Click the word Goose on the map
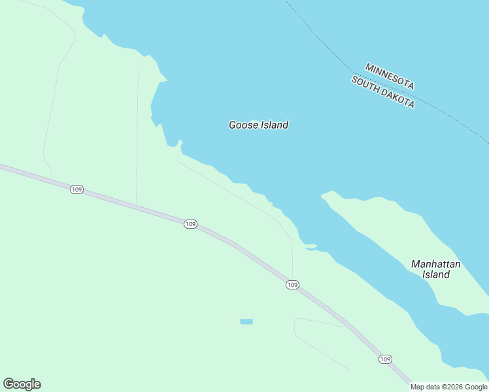[243, 125]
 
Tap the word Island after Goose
[273, 125]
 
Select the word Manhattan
[435, 264]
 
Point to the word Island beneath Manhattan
[435, 275]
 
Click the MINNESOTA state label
[390, 76]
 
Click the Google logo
[22, 384]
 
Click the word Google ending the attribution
[477, 387]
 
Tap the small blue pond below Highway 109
[246, 321]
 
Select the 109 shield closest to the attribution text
[385, 359]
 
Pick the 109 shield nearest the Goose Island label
[190, 224]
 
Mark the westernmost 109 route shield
[77, 189]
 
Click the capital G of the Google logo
[8, 384]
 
